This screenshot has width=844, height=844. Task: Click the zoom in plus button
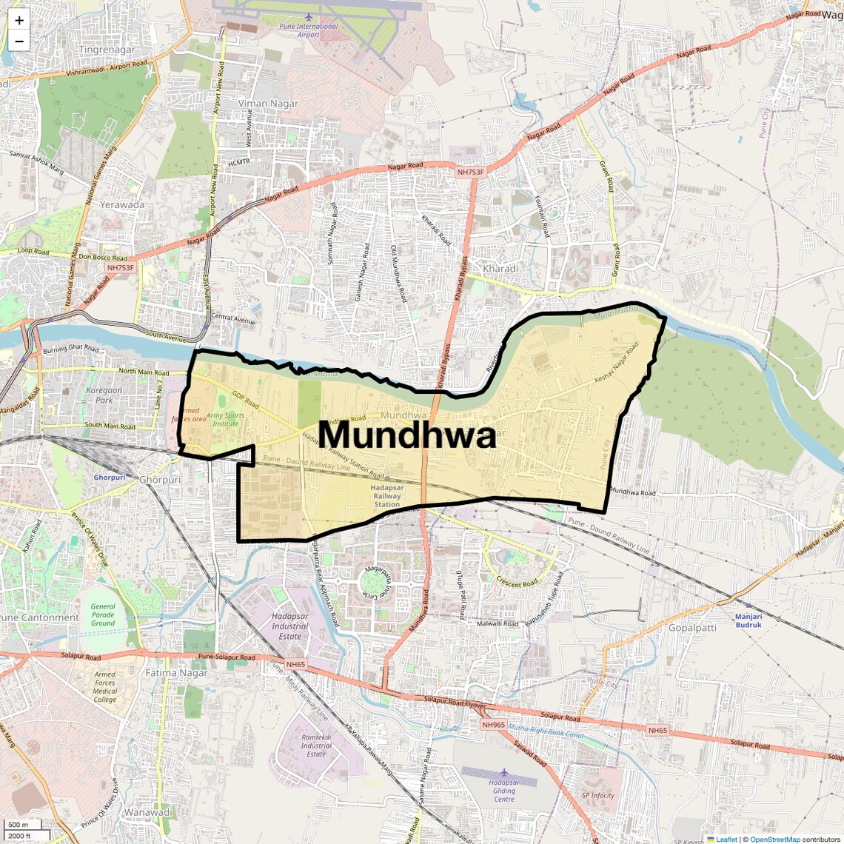point(19,21)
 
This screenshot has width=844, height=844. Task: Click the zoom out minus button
point(19,41)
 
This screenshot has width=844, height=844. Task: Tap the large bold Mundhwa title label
point(407,435)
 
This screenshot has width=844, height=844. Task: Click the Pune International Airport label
point(308,30)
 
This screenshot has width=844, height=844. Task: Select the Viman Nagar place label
point(268,104)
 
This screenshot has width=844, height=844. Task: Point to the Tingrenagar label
point(107,50)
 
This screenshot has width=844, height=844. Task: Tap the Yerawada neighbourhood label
point(122,204)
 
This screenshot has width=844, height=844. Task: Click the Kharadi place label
point(500,268)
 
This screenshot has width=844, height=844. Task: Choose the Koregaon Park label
point(104,395)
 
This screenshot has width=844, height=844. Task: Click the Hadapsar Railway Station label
point(387,496)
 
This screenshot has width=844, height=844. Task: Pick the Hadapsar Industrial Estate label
point(290,626)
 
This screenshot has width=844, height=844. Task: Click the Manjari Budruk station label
point(748,620)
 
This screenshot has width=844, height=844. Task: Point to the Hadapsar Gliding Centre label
point(504,790)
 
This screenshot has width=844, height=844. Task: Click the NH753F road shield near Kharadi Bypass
point(471,173)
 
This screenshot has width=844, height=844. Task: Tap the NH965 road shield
point(493,725)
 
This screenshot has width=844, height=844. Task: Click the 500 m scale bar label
point(19,825)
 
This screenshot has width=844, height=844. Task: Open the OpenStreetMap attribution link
point(774,840)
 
